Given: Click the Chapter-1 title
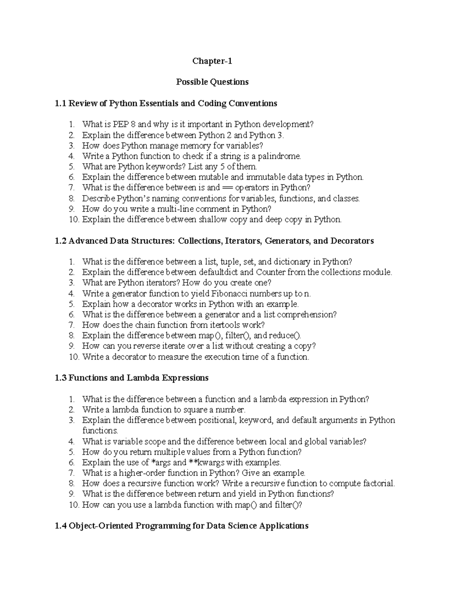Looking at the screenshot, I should click(212, 61).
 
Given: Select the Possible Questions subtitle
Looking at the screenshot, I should click(212, 82).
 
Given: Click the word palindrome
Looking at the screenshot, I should click(282, 156).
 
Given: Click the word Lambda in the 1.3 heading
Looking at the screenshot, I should click(144, 378).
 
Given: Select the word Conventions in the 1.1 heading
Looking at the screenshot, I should click(253, 104).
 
